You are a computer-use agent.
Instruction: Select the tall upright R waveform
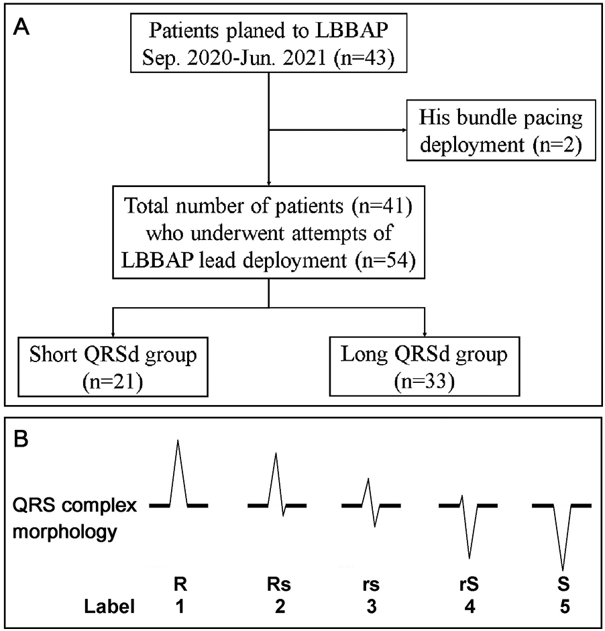point(178,476)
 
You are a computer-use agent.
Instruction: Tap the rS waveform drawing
point(468,523)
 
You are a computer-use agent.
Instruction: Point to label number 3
point(370,608)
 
